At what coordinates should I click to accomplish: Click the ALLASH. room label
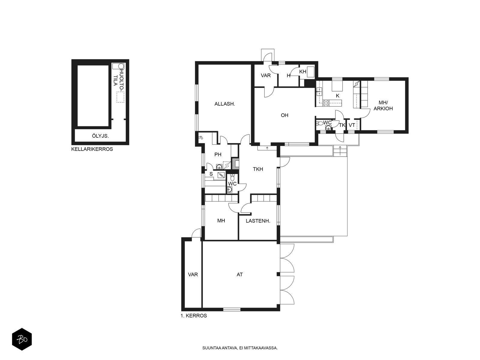(x=225, y=104)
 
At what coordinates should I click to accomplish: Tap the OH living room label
(x=284, y=115)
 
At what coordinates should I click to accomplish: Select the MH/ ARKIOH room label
(x=383, y=105)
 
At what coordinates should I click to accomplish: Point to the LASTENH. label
(x=258, y=221)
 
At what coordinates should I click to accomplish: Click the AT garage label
(x=240, y=274)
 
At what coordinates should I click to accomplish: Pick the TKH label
(x=258, y=169)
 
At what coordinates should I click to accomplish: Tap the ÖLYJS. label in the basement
(x=100, y=136)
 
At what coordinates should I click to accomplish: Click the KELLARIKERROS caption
(x=92, y=149)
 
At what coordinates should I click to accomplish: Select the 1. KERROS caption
(x=193, y=316)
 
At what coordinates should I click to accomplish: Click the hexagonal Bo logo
(x=22, y=339)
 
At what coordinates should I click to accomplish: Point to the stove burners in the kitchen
(x=326, y=103)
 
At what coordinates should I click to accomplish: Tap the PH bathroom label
(x=218, y=154)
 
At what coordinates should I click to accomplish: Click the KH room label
(x=303, y=71)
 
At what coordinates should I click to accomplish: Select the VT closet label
(x=352, y=125)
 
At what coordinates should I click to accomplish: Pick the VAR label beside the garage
(x=193, y=274)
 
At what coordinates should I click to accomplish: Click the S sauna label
(x=211, y=174)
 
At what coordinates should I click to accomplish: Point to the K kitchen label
(x=337, y=96)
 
